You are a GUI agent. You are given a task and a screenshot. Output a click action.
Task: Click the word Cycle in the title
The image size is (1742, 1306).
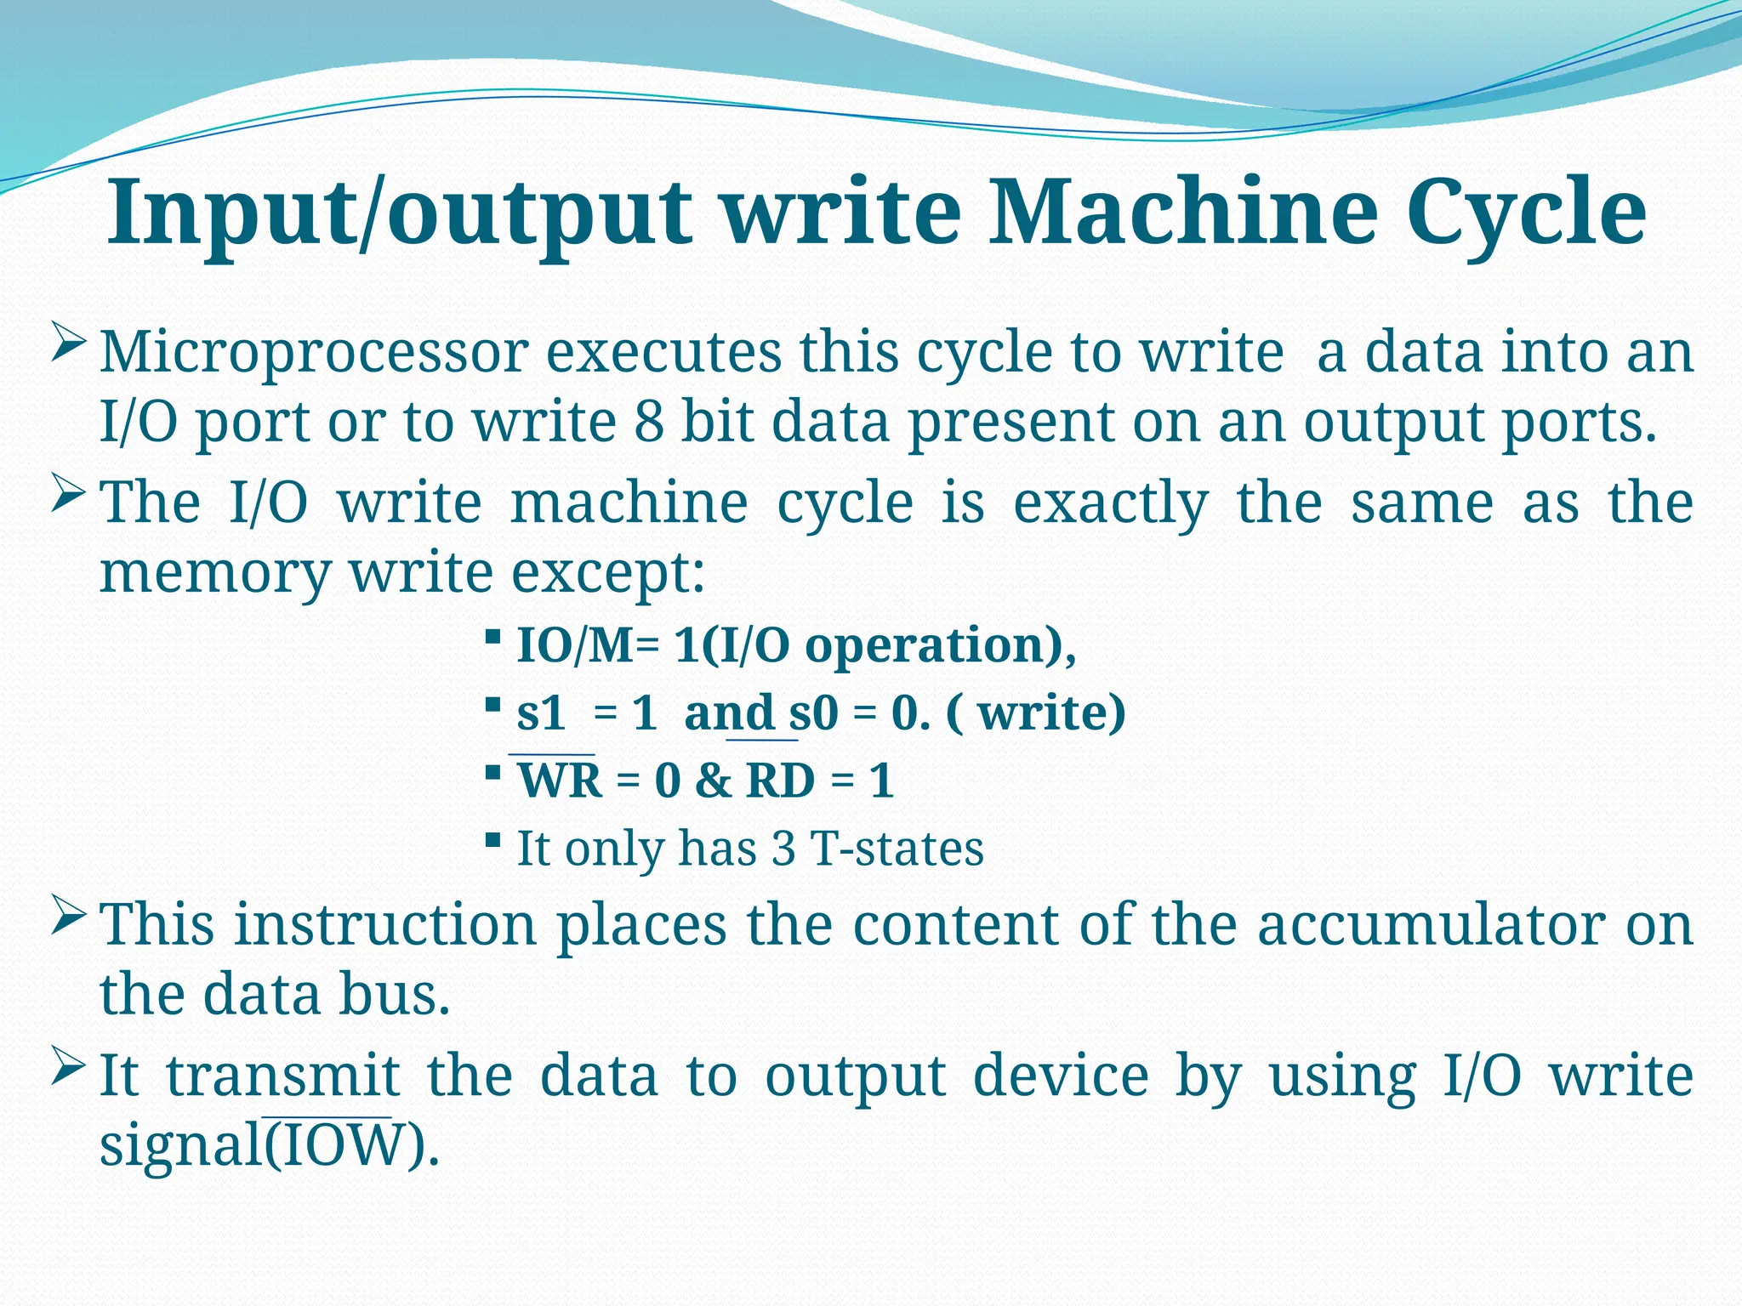coord(1526,213)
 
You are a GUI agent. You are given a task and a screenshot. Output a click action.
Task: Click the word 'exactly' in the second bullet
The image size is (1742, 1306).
coord(1110,504)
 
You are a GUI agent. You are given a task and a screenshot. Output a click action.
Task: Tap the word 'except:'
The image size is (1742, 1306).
coord(608,573)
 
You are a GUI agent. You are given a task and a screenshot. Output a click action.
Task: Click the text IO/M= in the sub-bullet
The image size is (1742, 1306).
coord(588,645)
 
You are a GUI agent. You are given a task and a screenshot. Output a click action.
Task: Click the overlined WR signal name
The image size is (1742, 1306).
coord(560,781)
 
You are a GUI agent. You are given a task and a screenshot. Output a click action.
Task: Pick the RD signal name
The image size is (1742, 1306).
coord(779,781)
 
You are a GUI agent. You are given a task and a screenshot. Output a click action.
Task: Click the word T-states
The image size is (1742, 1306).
coord(897,849)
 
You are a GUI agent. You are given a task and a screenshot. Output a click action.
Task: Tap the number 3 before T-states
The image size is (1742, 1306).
coord(783,849)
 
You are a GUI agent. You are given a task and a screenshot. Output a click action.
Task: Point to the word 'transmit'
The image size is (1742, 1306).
coord(282,1076)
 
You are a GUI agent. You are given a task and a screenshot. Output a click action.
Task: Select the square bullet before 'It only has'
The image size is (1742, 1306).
coord(492,841)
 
